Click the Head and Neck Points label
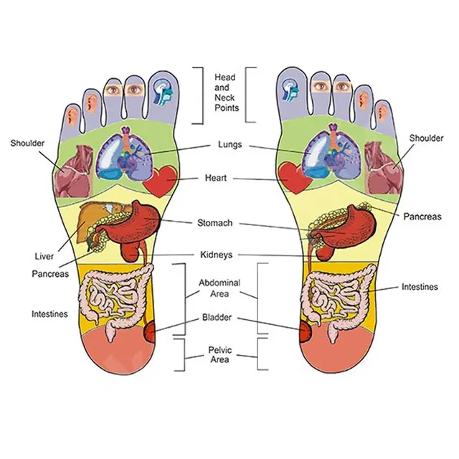(225, 93)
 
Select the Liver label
(43, 256)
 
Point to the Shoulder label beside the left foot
(27, 143)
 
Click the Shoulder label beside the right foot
(427, 138)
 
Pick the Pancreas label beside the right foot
(422, 216)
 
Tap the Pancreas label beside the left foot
(50, 273)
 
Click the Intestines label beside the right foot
(419, 287)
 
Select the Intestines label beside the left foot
(50, 313)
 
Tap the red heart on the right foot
(293, 176)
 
